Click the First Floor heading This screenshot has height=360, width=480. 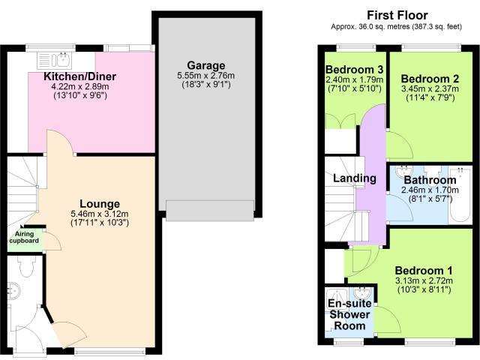coord(397,15)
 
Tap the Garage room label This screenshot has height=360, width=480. coord(206,65)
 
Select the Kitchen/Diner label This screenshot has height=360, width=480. coord(80,76)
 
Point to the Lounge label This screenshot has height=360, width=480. coord(100,204)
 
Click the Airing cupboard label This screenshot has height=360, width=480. coord(24,238)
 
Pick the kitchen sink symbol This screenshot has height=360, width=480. coord(55,60)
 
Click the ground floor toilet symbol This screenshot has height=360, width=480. coord(26,265)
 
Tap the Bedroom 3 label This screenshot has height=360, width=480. coord(354,70)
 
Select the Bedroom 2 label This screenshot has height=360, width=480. coord(430,79)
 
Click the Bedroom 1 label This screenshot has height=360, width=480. coord(424,271)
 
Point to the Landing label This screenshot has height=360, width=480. coord(355,178)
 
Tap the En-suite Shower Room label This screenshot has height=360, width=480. coord(350,314)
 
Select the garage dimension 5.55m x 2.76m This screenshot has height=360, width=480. coord(206,76)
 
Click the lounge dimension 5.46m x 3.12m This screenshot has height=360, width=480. coord(100,214)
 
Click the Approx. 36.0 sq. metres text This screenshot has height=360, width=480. coord(397,27)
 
